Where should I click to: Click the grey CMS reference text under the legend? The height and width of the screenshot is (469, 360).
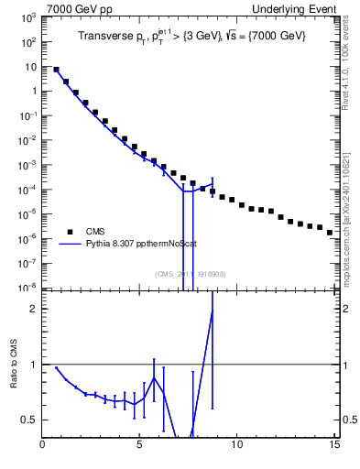[x=190, y=273]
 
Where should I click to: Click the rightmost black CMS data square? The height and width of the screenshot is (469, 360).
[x=330, y=233]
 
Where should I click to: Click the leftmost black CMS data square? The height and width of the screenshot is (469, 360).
[x=57, y=70]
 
